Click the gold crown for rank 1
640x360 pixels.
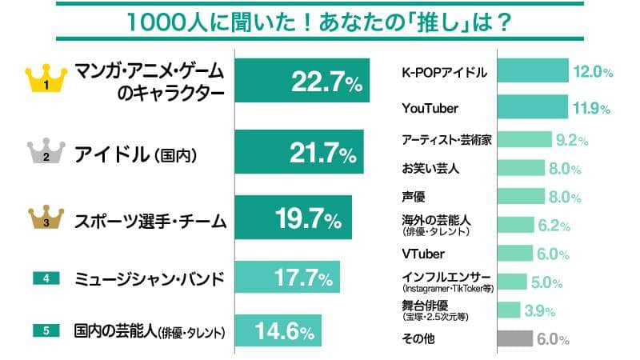pos(46,78)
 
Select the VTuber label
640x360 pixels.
pos(419,255)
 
